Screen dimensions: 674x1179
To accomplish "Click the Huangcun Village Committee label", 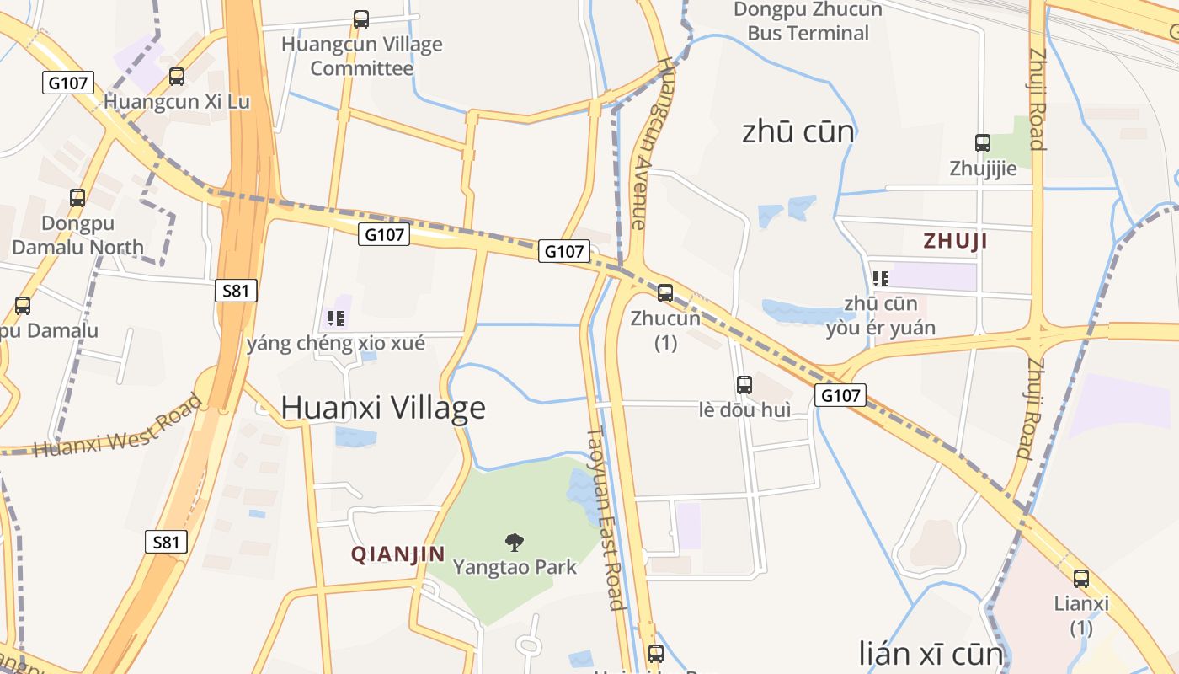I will pyautogui.click(x=361, y=56).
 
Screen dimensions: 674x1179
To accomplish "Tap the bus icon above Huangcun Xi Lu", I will pyautogui.click(x=177, y=77).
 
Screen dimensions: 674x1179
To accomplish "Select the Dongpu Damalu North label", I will pyautogui.click(x=77, y=236).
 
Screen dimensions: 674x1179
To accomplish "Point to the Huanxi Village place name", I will pyautogui.click(x=383, y=408).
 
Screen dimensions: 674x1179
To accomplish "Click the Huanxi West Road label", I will pyautogui.click(x=119, y=425).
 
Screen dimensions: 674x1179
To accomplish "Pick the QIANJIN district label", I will pyautogui.click(x=397, y=554).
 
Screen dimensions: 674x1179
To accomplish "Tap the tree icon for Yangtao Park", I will pyautogui.click(x=514, y=543).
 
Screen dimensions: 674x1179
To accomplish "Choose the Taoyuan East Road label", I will pyautogui.click(x=606, y=518).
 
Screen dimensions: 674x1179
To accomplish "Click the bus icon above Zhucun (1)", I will pyautogui.click(x=665, y=293).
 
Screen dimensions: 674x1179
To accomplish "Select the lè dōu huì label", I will pyautogui.click(x=744, y=410).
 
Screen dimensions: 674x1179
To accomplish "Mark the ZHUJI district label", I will pyautogui.click(x=955, y=241).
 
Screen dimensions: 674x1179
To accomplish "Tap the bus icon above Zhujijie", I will pyautogui.click(x=983, y=143).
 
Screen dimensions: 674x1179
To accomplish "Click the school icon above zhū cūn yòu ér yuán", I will pyautogui.click(x=881, y=278).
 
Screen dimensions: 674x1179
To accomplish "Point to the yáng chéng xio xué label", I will pyautogui.click(x=335, y=344).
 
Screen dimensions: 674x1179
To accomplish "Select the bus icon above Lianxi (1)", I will pyautogui.click(x=1081, y=579).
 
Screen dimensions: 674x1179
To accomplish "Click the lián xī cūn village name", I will pyautogui.click(x=931, y=654).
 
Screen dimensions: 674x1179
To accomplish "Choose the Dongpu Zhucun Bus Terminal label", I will pyautogui.click(x=808, y=22).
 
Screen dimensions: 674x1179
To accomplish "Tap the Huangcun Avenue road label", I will pyautogui.click(x=650, y=143).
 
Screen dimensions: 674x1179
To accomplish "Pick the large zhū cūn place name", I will pyautogui.click(x=798, y=132).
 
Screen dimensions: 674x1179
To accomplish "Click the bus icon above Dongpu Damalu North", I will pyautogui.click(x=77, y=198).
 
